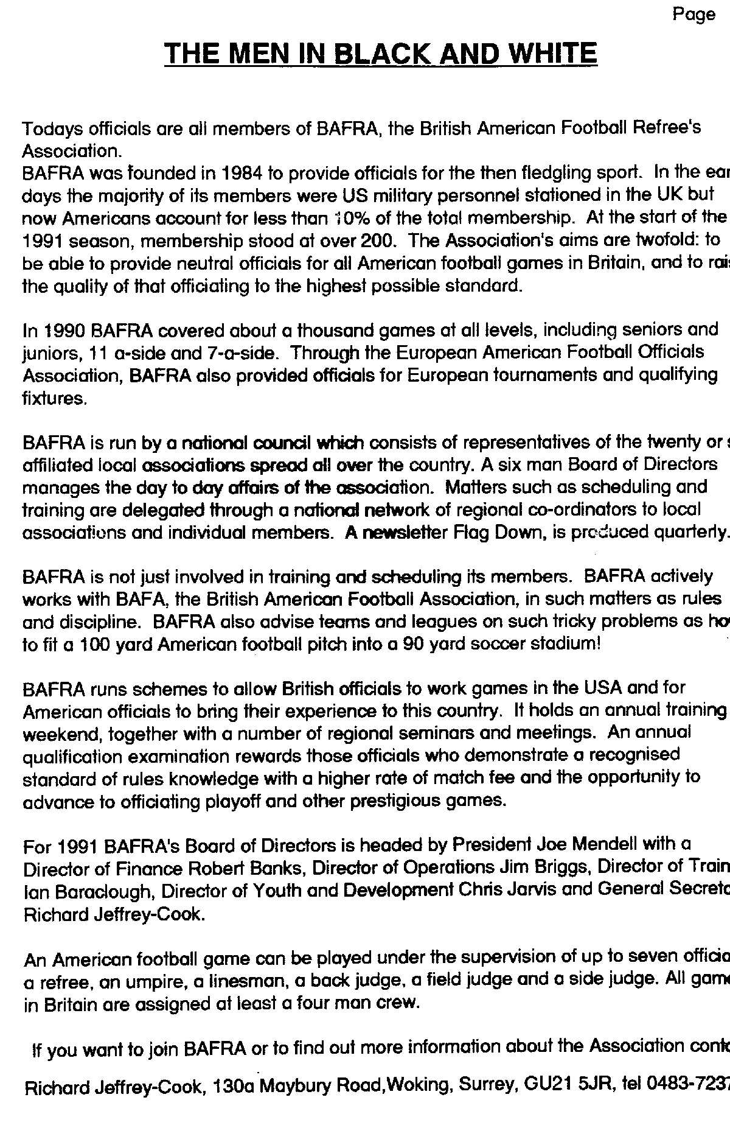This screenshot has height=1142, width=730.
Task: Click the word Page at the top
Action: [x=694, y=15]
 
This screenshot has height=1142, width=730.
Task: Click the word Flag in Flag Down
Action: [x=473, y=533]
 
